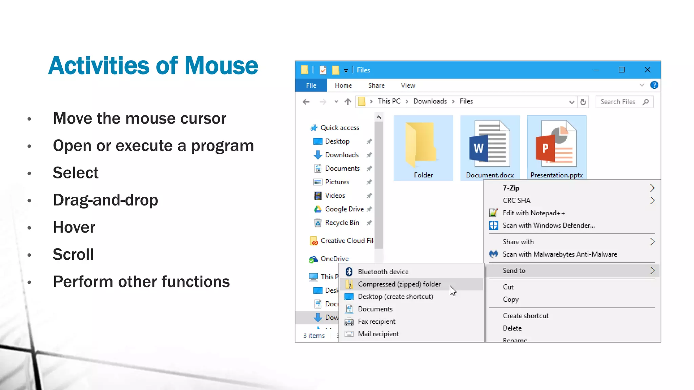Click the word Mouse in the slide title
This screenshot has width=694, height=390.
pyautogui.click(x=221, y=66)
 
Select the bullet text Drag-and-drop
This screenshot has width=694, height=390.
pyautogui.click(x=105, y=200)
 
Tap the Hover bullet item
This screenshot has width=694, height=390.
pyautogui.click(x=74, y=227)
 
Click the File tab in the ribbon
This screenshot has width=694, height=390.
pyautogui.click(x=311, y=86)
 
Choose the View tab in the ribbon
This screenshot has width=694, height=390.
pyautogui.click(x=408, y=86)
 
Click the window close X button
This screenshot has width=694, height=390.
pyautogui.click(x=647, y=70)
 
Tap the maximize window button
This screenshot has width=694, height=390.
pyautogui.click(x=621, y=70)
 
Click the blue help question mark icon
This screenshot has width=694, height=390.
pyautogui.click(x=654, y=85)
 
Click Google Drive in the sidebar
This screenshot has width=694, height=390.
pyautogui.click(x=344, y=209)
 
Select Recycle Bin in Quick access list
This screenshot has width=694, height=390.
pyautogui.click(x=342, y=223)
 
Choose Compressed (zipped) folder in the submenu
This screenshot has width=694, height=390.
pyautogui.click(x=399, y=284)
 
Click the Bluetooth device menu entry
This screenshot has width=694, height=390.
pyautogui.click(x=383, y=272)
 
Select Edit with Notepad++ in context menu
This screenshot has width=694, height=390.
pyautogui.click(x=533, y=213)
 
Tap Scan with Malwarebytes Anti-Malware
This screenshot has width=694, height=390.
pyautogui.click(x=559, y=254)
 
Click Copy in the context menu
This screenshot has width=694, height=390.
pyautogui.click(x=510, y=300)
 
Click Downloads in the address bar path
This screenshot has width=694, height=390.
pyautogui.click(x=430, y=101)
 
